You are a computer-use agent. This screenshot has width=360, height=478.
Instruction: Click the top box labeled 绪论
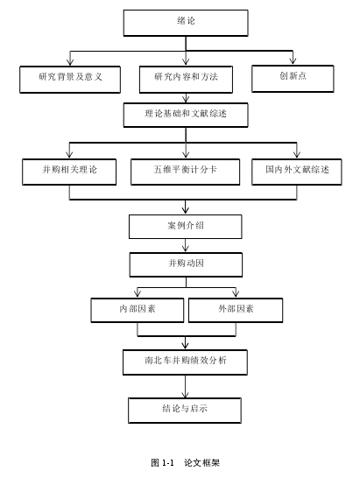186,23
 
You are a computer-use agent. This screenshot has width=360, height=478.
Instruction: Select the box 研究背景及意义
70,80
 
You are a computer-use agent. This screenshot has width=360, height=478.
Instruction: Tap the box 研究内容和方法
186,80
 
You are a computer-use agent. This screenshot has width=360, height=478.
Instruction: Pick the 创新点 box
293,78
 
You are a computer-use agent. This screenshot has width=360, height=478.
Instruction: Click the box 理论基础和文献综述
186,115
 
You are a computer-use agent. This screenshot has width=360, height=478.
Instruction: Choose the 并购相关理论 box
69,172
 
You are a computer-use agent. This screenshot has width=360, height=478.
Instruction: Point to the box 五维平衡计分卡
185,172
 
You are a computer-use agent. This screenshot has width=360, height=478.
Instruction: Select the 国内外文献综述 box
297,172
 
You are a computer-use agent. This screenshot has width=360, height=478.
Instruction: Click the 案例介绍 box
186,227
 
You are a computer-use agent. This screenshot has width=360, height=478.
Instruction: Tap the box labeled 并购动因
186,264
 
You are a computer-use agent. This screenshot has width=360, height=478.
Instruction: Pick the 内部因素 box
138,310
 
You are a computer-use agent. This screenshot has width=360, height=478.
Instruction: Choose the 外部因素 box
236,310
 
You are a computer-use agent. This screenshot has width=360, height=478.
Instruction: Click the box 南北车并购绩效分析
185,362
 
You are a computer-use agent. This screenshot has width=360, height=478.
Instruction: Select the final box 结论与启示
185,411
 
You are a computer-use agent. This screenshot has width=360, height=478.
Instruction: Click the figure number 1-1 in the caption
167,463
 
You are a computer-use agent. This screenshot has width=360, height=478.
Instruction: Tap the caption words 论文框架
201,463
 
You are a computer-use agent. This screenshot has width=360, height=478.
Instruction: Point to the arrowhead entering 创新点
293,61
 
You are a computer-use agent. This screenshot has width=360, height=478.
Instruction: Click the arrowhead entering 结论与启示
185,394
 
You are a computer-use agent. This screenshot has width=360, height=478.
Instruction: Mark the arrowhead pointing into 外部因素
236,294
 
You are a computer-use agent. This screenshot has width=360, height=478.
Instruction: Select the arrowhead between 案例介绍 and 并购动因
186,249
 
